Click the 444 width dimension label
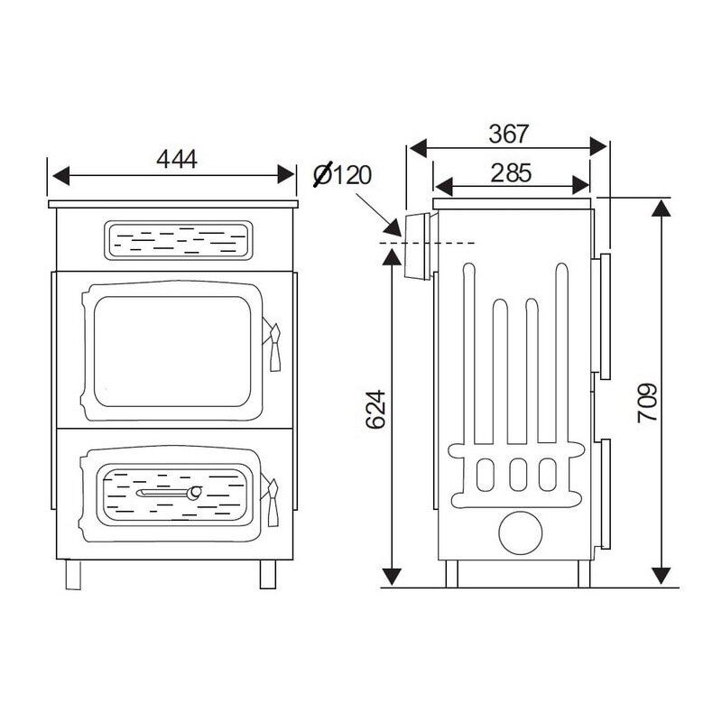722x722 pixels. coord(177,160)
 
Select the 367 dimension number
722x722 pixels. coord(508,134)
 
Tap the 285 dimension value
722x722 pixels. coord(511,173)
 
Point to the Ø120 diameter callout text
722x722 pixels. coord(342,174)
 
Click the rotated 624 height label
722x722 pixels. coord(375,410)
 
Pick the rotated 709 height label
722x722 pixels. coord(647,403)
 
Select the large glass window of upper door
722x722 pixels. coord(172,352)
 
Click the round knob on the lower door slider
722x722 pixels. coord(194,492)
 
